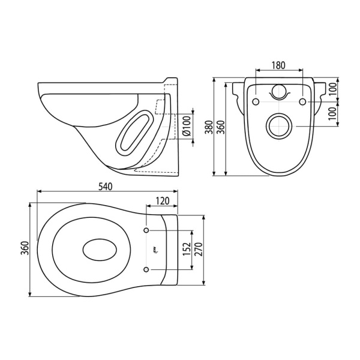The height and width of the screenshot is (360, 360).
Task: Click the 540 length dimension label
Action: click(x=106, y=187)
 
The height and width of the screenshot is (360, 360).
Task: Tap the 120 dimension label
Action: click(x=163, y=201)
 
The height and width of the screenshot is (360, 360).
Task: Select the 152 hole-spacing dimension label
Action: click(x=187, y=248)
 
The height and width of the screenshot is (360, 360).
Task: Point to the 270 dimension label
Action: click(x=198, y=249)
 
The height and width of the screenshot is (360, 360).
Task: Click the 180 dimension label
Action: click(x=278, y=65)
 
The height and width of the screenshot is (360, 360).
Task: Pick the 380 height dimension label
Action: click(x=209, y=127)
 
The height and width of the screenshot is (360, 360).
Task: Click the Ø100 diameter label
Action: click(x=187, y=126)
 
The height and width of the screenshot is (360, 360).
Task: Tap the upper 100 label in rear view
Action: click(x=332, y=89)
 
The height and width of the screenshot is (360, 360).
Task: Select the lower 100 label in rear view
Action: click(x=332, y=113)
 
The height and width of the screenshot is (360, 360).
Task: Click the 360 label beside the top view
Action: click(x=25, y=248)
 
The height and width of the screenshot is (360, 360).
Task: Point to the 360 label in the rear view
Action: click(x=220, y=127)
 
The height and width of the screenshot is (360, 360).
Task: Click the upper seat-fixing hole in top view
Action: click(x=146, y=230)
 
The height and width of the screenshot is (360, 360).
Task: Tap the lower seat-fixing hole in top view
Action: click(x=146, y=269)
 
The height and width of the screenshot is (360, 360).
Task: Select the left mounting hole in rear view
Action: click(x=256, y=101)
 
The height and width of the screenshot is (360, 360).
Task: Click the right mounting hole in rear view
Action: click(x=303, y=101)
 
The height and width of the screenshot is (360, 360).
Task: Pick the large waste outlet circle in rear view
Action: click(x=279, y=126)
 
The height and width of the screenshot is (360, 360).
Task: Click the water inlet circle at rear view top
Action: click(x=279, y=92)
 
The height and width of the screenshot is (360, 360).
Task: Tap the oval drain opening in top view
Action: click(x=100, y=250)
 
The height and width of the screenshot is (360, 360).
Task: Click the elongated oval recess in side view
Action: click(x=134, y=132)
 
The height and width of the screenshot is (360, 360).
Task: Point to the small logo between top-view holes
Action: click(x=154, y=250)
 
